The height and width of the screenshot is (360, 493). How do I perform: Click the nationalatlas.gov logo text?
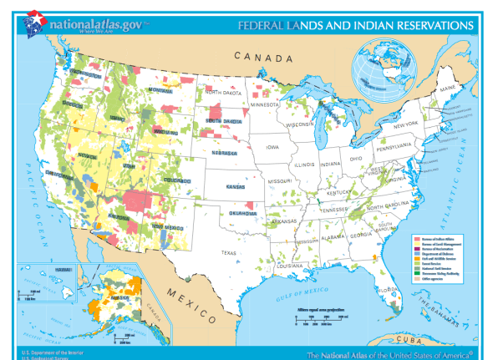click(x=92, y=23)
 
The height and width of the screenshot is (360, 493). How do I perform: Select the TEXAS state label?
click(x=229, y=251)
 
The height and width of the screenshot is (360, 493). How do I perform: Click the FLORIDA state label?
click(x=387, y=289)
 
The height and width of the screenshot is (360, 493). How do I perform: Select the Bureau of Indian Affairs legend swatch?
click(x=417, y=238)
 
